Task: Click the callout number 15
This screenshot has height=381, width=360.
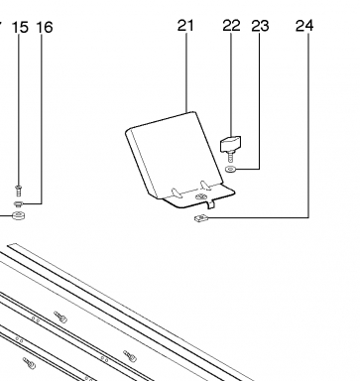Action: tap(20, 28)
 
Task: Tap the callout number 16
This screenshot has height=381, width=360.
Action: tap(45, 28)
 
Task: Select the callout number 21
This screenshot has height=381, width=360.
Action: tap(185, 26)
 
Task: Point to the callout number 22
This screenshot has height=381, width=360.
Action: tap(231, 26)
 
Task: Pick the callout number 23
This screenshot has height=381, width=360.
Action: tap(260, 26)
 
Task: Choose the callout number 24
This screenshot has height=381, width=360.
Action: tap(304, 26)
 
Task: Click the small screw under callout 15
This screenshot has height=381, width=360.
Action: tap(19, 190)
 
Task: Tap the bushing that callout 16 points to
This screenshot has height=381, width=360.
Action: tap(18, 203)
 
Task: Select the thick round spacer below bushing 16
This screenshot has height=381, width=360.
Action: tap(19, 215)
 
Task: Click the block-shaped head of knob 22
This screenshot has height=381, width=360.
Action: tap(230, 143)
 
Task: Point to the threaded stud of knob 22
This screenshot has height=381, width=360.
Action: tap(230, 156)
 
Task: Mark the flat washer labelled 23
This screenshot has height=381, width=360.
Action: tap(230, 170)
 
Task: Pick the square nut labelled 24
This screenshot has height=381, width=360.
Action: tap(200, 218)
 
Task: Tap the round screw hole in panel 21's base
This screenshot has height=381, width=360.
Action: tap(200, 197)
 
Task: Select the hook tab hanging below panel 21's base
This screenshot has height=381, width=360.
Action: tap(211, 204)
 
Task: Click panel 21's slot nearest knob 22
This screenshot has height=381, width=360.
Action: tap(205, 186)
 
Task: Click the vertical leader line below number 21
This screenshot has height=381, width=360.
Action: tap(186, 71)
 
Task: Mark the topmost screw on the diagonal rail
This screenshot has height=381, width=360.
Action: tap(60, 317)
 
